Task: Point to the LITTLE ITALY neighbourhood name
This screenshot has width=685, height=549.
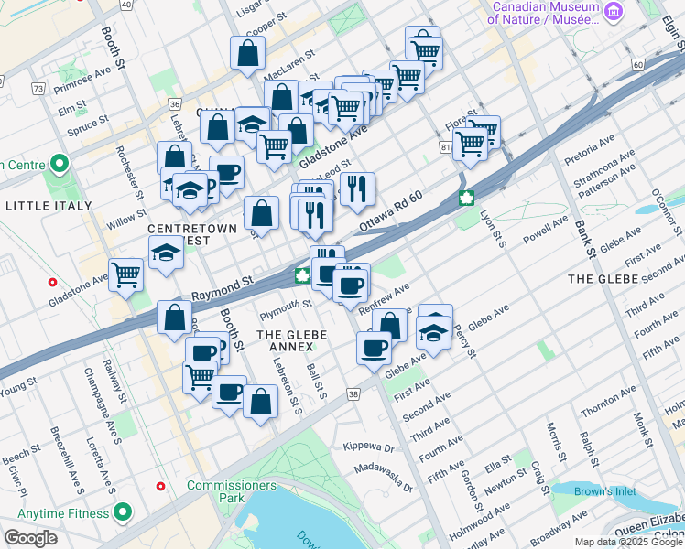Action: pyautogui.click(x=48, y=206)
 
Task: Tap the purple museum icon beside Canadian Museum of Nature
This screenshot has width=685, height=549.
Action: pyautogui.click(x=614, y=11)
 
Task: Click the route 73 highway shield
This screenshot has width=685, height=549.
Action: pyautogui.click(x=38, y=89)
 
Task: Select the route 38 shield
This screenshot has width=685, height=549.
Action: pyautogui.click(x=353, y=393)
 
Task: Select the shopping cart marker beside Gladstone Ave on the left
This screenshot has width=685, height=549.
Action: pyautogui.click(x=125, y=274)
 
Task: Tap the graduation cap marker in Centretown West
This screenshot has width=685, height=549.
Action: pyautogui.click(x=166, y=253)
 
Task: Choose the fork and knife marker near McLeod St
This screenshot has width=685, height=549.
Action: pyautogui.click(x=357, y=188)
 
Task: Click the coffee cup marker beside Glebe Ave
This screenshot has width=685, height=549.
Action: pyautogui.click(x=374, y=348)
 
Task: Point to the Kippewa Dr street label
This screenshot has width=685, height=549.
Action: pyautogui.click(x=367, y=448)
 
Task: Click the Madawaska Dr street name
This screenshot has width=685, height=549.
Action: pyautogui.click(x=384, y=478)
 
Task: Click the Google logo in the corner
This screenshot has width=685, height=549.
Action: pyautogui.click(x=30, y=538)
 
